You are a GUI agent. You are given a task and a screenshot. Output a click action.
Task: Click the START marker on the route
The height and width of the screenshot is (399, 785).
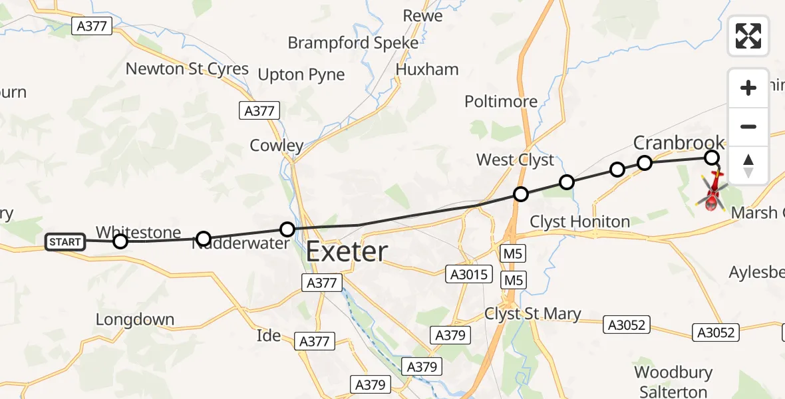coord(65,241)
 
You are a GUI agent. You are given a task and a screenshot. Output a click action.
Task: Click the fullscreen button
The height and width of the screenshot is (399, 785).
coord(748,35)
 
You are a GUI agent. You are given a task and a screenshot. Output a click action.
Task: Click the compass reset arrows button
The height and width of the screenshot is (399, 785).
coord(748,166)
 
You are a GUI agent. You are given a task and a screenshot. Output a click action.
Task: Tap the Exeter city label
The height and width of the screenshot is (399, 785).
coord(347,252)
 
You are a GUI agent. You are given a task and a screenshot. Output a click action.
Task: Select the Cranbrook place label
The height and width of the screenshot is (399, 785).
coord(679,142)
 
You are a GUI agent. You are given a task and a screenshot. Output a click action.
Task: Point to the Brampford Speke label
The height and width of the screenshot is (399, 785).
coord(353,43)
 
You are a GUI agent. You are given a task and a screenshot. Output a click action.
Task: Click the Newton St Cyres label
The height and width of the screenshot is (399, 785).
coord(187,68)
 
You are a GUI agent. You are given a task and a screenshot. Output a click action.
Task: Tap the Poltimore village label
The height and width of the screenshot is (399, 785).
coord(501,102)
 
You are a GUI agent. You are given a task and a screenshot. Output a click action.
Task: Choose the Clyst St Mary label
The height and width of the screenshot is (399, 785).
coord(533,314)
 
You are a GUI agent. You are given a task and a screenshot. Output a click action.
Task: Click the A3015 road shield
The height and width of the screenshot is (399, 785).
coord(470,274)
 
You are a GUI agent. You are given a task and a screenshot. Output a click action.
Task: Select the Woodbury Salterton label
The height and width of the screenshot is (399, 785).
coord(673,382)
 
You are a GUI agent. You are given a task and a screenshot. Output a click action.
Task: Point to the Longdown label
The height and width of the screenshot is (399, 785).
coord(135,320)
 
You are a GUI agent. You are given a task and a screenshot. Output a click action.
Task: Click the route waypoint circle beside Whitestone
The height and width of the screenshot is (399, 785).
coord(120,241)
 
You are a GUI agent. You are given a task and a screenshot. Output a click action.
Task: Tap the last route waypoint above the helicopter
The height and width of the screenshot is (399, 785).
coord(712,158)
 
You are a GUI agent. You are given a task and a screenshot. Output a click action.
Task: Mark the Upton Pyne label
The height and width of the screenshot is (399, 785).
coord(301,75)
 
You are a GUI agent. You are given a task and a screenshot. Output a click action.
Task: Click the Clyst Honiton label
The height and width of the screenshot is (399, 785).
coord(580,221)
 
